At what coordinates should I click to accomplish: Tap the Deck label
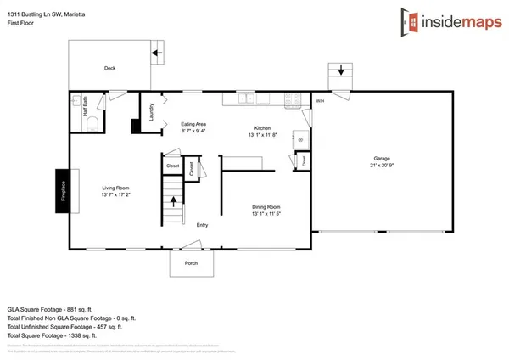pos(109,69)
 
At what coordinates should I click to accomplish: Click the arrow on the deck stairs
pos(157,53)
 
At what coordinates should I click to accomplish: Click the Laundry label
pos(151,112)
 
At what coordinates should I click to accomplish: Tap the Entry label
pos(203,225)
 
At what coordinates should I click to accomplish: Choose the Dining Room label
pos(266,206)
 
